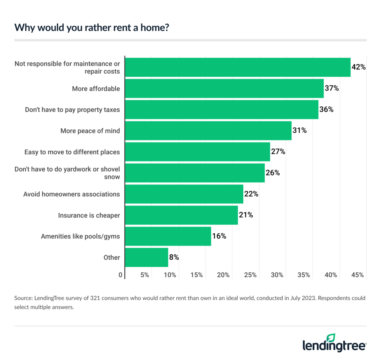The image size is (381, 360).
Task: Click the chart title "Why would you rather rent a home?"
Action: (x=92, y=28)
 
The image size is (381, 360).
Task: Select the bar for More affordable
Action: (x=224, y=89)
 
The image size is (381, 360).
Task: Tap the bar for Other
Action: (x=147, y=257)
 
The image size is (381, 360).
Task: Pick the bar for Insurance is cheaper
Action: (x=181, y=215)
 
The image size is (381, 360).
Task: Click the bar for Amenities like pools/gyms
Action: (x=168, y=236)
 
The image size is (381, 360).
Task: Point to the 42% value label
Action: (x=359, y=67)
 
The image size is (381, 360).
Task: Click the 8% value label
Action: (x=174, y=257)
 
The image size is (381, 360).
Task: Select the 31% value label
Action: (x=300, y=131)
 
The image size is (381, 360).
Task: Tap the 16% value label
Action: (x=219, y=236)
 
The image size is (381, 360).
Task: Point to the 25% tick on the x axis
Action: (x=250, y=275)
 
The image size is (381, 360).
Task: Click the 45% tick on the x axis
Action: (x=358, y=275)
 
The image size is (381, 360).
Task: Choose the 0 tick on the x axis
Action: (x=121, y=275)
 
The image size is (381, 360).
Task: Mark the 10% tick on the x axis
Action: (x=170, y=275)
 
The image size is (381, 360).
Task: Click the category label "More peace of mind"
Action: (x=90, y=131)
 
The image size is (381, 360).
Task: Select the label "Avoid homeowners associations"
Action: (x=72, y=194)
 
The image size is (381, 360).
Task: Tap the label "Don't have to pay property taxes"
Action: (x=73, y=110)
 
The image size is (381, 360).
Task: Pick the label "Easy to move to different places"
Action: (x=72, y=152)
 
